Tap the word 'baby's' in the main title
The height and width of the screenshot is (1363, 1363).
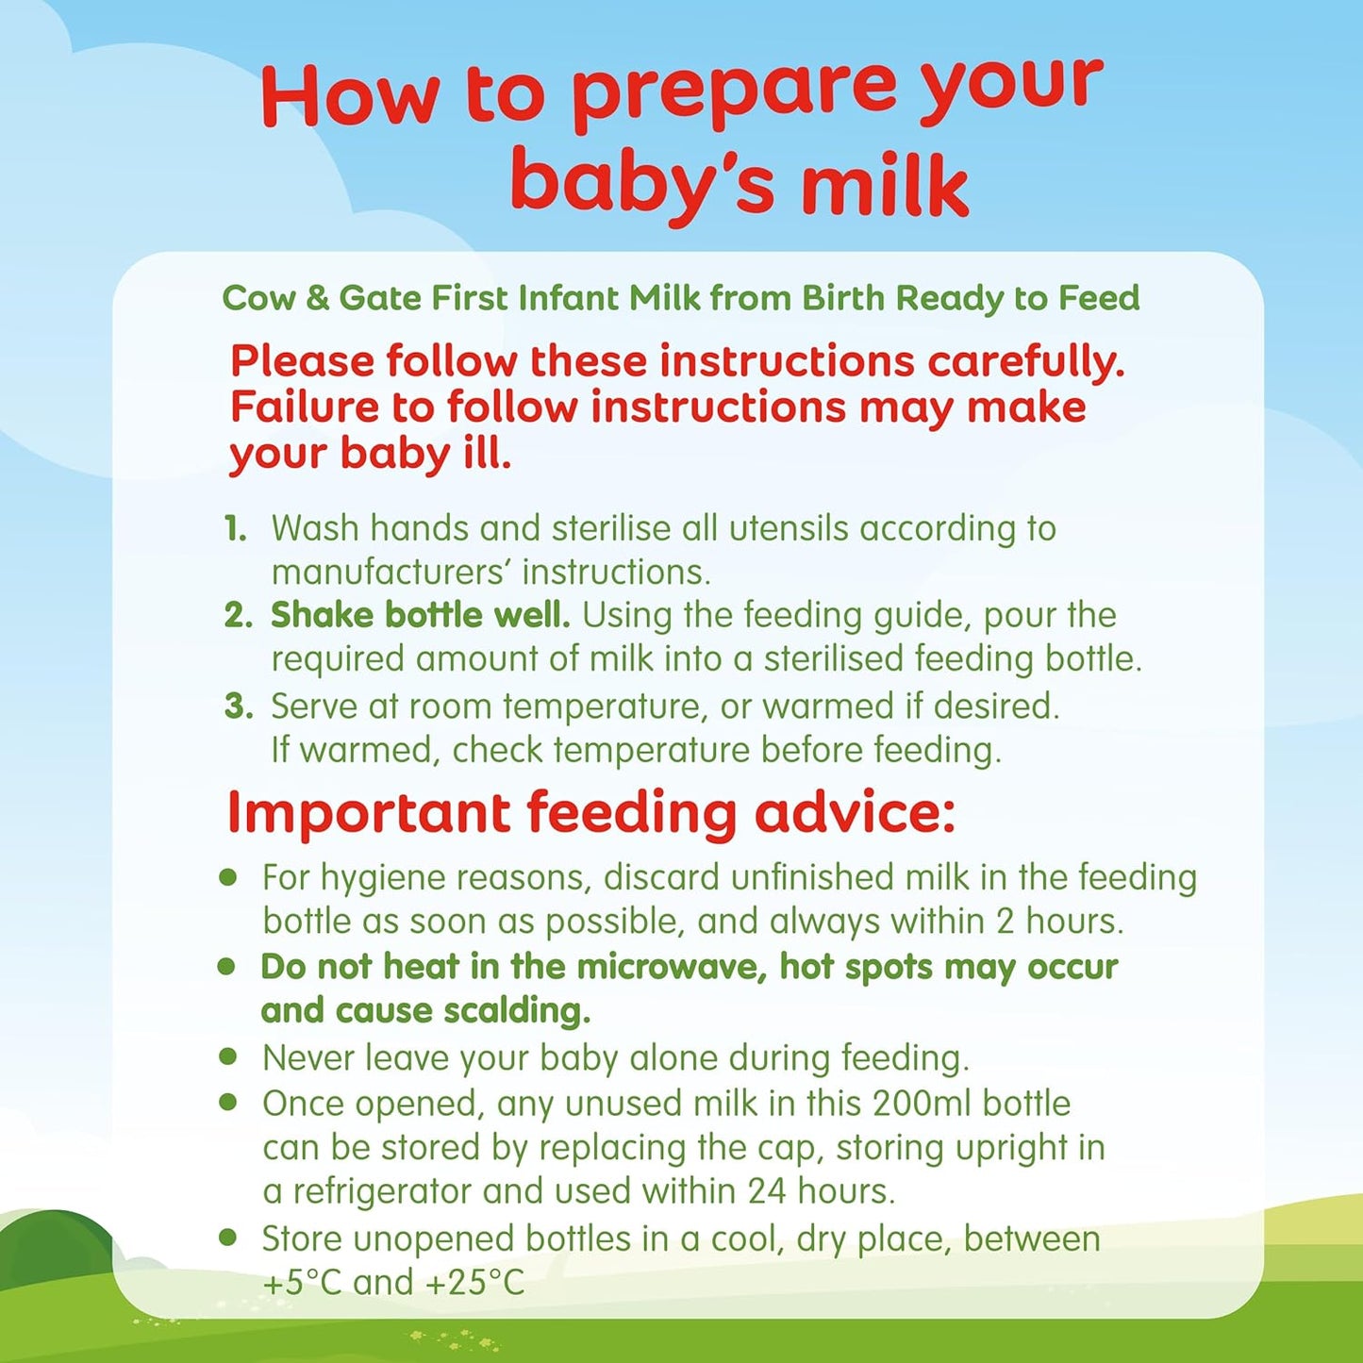click(641, 183)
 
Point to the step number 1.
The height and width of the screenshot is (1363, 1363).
click(235, 529)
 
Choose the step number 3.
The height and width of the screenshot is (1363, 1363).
click(238, 706)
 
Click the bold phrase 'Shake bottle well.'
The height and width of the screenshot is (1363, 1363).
click(420, 615)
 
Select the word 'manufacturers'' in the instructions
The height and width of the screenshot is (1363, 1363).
click(391, 572)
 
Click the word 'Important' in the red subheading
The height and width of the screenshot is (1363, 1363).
click(368, 813)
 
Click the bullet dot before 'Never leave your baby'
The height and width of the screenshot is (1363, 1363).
click(227, 1056)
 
